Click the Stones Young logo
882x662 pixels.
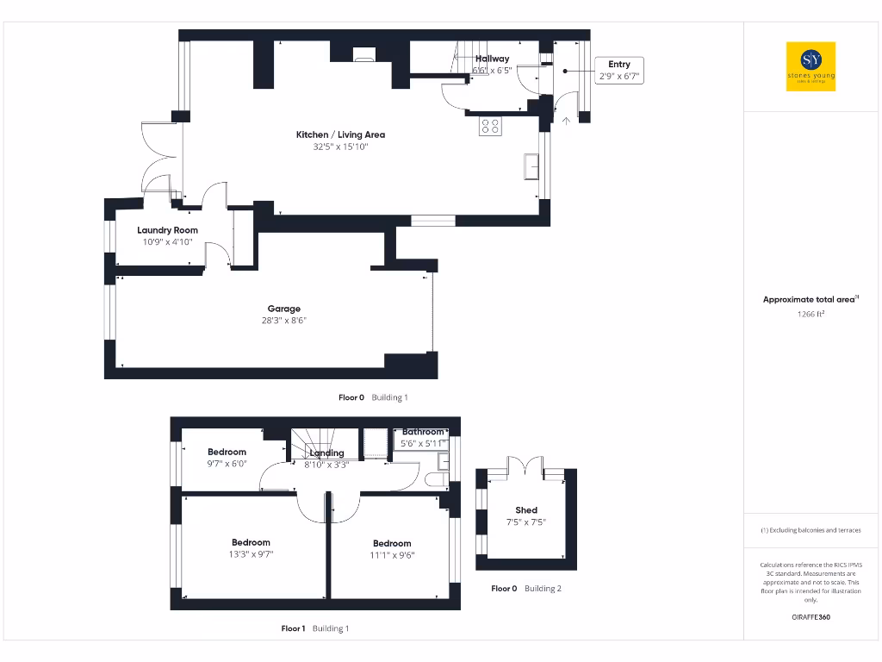(811, 66)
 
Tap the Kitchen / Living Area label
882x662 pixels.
(340, 134)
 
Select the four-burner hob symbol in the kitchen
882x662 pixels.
(490, 127)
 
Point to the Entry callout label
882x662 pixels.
(619, 65)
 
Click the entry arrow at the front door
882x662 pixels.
(566, 121)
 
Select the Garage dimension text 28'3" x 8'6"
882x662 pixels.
(283, 321)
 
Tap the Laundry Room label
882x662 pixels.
(167, 230)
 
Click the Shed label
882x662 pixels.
(525, 510)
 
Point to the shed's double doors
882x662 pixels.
(525, 466)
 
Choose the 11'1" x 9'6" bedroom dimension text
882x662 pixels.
(392, 555)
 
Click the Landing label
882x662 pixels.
(326, 453)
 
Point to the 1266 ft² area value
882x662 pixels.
(811, 315)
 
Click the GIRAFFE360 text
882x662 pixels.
(811, 617)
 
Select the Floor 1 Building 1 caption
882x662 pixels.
(315, 628)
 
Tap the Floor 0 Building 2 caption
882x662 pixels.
(525, 589)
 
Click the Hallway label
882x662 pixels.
(492, 59)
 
